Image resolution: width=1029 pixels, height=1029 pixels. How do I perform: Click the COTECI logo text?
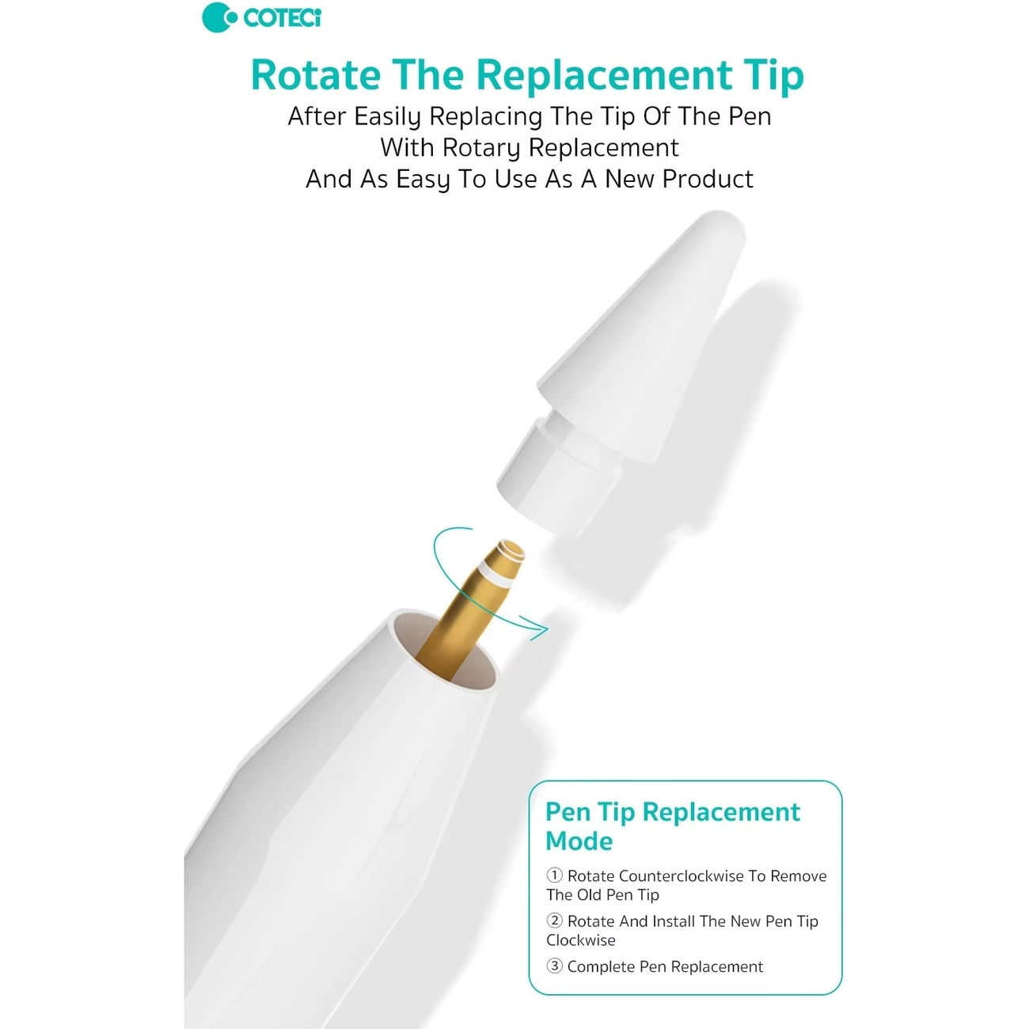point(282,18)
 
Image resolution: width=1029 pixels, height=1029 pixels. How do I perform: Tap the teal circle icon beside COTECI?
point(218,17)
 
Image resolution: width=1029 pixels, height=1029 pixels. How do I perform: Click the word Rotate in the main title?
point(316,74)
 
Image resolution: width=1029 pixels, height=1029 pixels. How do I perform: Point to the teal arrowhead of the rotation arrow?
point(537,628)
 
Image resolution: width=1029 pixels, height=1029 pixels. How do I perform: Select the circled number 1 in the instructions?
point(554,875)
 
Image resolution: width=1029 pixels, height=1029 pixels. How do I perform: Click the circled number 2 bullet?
point(554,921)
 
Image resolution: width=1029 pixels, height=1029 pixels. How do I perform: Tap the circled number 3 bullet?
point(554,966)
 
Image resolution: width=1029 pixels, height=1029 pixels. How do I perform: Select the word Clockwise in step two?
point(580,940)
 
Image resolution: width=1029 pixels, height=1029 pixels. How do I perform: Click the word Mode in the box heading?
point(579,841)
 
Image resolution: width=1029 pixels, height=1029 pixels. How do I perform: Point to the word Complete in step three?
point(601,967)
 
